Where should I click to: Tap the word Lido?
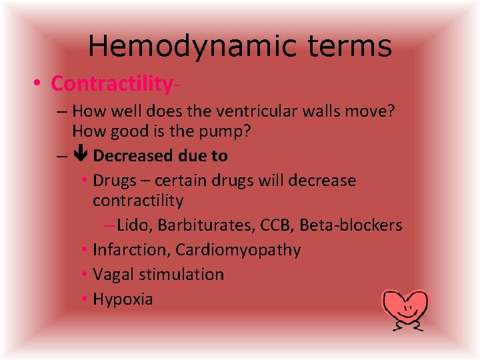pyautogui.click(x=135, y=225)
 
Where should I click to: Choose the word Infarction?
pyautogui.click(x=131, y=250)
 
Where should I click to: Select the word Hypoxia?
pyautogui.click(x=123, y=299)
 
